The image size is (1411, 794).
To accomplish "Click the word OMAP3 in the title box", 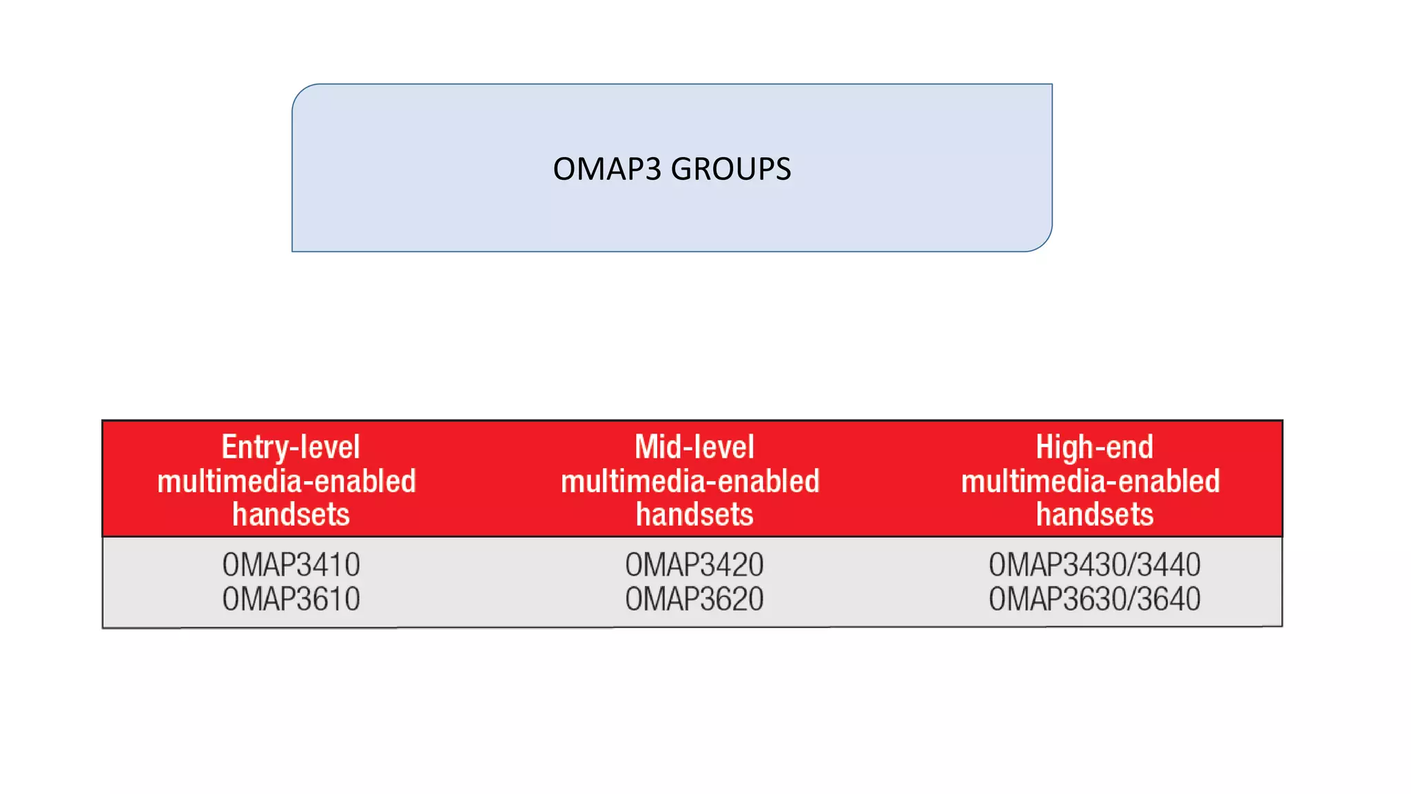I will pos(607,169).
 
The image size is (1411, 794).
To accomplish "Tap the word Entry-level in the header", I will pos(291,447).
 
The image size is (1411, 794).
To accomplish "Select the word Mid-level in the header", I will pos(694,447).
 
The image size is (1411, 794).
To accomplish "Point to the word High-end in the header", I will pos(1094,447).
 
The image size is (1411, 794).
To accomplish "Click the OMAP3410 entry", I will pos(291,565).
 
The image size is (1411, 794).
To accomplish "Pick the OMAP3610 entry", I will pos(291,599).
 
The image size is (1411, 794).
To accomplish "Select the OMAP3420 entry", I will pos(694,565).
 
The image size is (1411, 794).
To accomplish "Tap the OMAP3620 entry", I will pos(694,599).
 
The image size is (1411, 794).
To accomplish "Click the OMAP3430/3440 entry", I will pos(1094,565).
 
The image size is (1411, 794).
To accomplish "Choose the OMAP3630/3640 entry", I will pos(1094,599).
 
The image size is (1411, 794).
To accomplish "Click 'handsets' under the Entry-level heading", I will pos(291,515).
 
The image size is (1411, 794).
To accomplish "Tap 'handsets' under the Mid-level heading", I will pos(694,515).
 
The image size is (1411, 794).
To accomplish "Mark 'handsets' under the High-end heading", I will pos(1094,515).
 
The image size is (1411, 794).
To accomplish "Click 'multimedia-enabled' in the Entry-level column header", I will pos(287,481).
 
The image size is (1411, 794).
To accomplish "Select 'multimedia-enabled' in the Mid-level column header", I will pos(690,481).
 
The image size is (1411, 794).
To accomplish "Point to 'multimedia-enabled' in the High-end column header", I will pos(1091,481).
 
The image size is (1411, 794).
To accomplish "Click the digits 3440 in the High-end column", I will pos(1168,565).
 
